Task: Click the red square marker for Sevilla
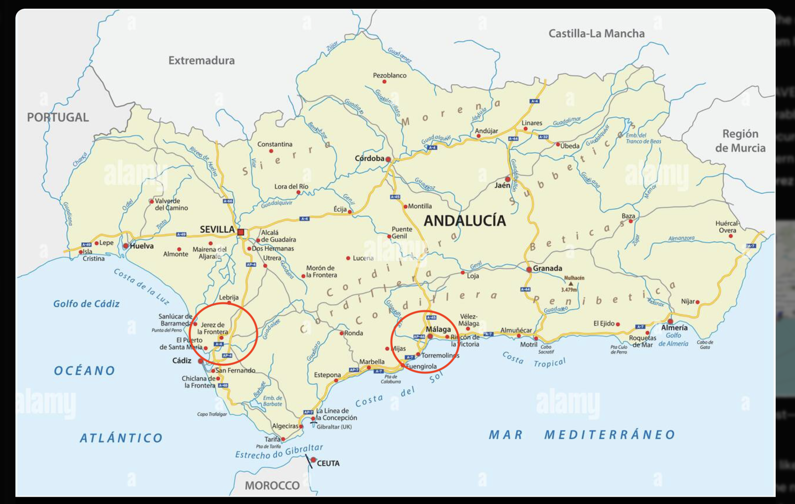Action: [x=241, y=232]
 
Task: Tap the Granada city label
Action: [x=547, y=268]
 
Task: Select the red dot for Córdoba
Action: [x=388, y=160]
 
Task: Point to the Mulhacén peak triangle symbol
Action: [x=571, y=283]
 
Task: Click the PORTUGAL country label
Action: [x=58, y=117]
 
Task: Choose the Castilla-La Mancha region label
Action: [x=596, y=34]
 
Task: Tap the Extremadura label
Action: [x=201, y=60]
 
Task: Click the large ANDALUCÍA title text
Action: [x=465, y=220]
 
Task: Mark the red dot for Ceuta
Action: [x=313, y=460]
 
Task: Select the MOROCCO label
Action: [x=272, y=485]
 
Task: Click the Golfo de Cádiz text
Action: [x=86, y=304]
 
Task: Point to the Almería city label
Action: [x=674, y=327]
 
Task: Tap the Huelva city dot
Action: [x=126, y=246]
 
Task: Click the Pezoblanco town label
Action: [x=389, y=75]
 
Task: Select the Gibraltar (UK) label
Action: [x=334, y=427]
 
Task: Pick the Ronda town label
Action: [x=353, y=333]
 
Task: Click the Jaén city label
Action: [x=502, y=185]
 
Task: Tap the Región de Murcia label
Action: [x=740, y=141]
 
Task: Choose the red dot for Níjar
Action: [x=697, y=302]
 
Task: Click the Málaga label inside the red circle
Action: [x=438, y=329]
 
